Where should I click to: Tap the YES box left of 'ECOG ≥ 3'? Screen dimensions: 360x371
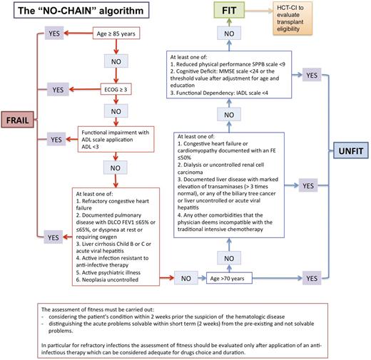click(59, 90)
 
